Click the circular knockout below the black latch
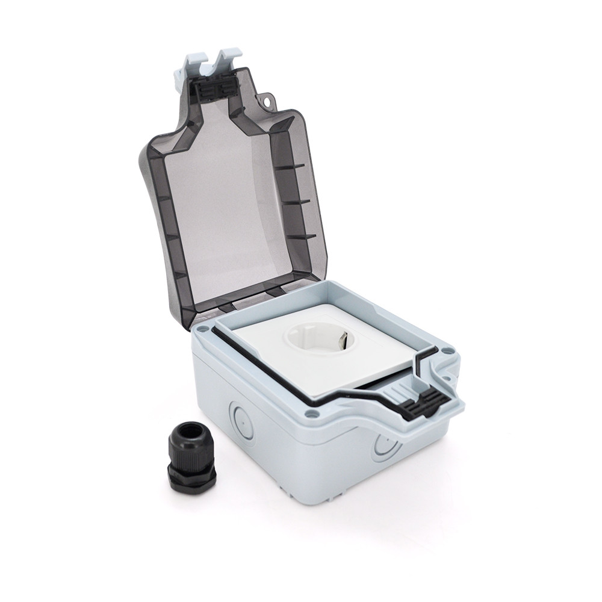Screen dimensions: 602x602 tap(384, 447)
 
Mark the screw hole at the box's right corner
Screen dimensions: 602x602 tap(450, 349)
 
